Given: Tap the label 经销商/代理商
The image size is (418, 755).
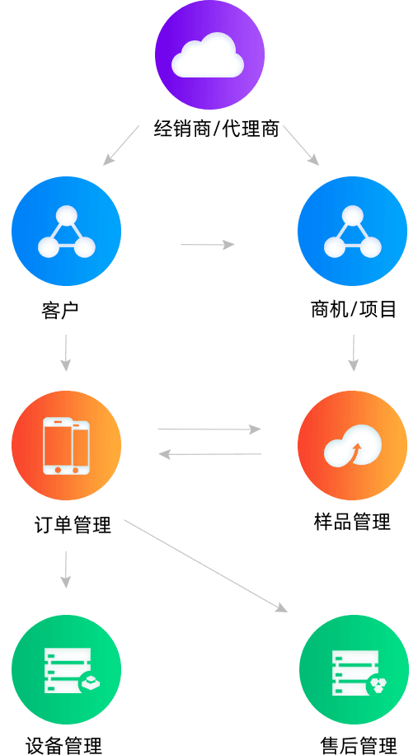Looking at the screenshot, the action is (x=217, y=129).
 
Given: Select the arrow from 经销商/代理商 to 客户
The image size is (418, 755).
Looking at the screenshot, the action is (x=121, y=145).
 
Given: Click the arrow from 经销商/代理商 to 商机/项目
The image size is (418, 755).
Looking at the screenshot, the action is (x=302, y=145).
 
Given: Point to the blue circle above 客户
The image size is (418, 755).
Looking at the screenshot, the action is (x=67, y=232).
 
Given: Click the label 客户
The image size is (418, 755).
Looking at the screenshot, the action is (x=59, y=310).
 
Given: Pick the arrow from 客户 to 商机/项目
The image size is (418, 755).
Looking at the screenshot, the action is (x=208, y=245).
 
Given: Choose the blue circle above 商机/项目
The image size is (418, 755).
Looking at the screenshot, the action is (x=353, y=232).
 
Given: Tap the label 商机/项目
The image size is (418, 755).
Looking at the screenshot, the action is (x=354, y=309).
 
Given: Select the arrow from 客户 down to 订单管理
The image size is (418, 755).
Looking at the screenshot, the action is (x=66, y=353).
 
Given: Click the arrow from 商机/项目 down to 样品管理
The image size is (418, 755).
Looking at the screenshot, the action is (x=354, y=353).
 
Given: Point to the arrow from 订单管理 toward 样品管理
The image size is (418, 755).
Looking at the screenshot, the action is (x=209, y=429).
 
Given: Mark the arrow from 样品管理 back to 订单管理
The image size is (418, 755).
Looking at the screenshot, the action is (x=209, y=454).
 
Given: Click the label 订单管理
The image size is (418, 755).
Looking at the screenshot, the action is (x=73, y=524).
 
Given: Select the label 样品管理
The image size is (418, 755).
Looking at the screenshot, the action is (x=353, y=522).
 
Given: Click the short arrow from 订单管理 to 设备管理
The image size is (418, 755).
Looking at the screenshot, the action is (x=66, y=570).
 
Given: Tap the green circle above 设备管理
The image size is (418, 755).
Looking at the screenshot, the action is (x=67, y=670).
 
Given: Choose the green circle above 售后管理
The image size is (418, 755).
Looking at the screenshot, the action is (x=354, y=670).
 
